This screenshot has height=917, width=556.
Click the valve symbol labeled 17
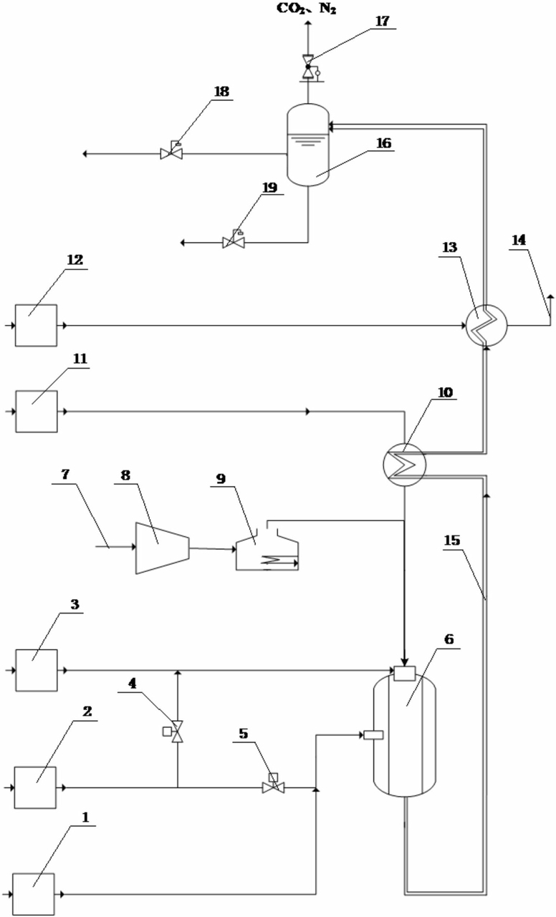tap(308, 67)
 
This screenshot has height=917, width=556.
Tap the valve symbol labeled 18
tap(171, 152)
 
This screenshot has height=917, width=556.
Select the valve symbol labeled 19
tap(234, 241)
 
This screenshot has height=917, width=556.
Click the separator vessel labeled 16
tap(308, 145)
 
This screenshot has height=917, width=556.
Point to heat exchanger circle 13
tap(486, 326)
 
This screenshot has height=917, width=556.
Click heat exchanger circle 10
tap(404, 465)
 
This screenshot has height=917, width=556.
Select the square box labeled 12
tap(36, 326)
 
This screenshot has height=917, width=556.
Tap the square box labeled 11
tap(37, 412)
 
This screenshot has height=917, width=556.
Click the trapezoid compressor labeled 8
tap(162, 548)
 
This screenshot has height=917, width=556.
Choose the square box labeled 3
tap(37, 670)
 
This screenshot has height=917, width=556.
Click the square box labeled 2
tap(35, 787)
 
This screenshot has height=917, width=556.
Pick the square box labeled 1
tap(34, 894)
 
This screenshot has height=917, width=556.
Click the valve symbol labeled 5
tap(273, 784)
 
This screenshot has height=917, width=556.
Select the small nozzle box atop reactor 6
tap(404, 674)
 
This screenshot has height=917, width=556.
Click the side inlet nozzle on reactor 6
tap(373, 735)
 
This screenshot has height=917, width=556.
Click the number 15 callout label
tap(452, 540)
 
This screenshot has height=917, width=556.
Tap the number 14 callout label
tap(519, 240)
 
